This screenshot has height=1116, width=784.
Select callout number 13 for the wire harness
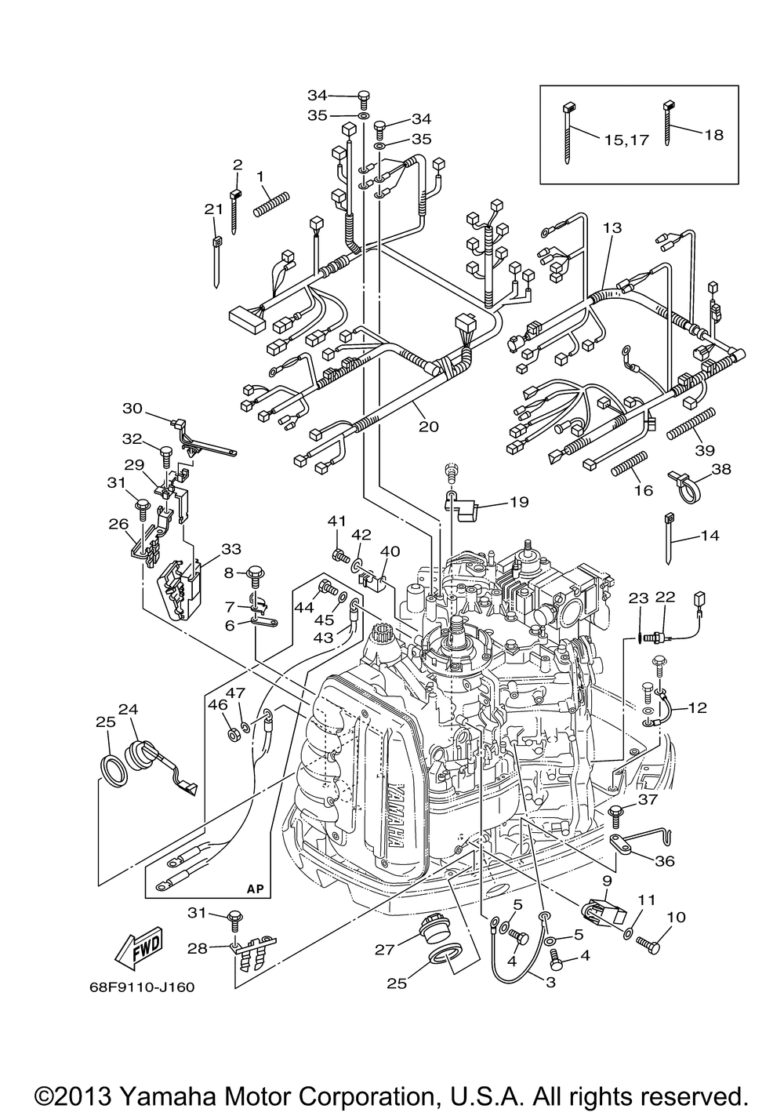click(x=612, y=227)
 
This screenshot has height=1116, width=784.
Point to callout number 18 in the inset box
click(x=713, y=135)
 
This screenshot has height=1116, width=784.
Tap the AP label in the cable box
click(x=255, y=889)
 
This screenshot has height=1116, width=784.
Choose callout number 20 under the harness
click(x=429, y=427)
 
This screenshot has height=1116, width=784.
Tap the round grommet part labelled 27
click(x=433, y=929)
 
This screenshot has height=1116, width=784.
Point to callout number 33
click(x=230, y=550)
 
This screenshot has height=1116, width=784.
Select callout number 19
click(x=518, y=502)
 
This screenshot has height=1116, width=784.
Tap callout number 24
click(x=128, y=709)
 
